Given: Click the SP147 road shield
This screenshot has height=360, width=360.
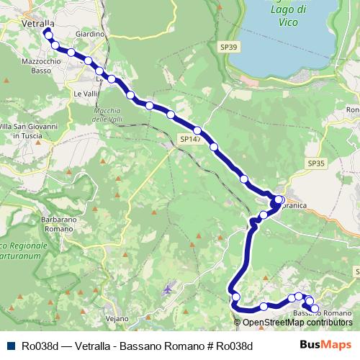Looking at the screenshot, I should pyautogui.click(x=190, y=139).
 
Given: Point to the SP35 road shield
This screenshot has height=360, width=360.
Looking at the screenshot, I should pyautogui.click(x=317, y=164).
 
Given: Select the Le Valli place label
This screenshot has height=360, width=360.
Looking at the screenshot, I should pyautogui.click(x=84, y=94).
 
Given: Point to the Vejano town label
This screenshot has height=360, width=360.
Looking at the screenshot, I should pyautogui.click(x=115, y=318).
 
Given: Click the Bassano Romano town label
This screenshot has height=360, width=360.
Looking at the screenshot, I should pyautogui.click(x=323, y=314).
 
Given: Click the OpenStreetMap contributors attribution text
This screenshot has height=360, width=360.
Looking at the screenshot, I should pyautogui.click(x=298, y=323).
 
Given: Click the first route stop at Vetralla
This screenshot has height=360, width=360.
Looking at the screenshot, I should pyautogui.click(x=48, y=32).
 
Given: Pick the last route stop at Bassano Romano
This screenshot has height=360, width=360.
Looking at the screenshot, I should pyautogui.click(x=314, y=309).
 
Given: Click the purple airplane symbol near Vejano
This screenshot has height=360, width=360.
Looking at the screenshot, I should pyautogui.click(x=168, y=289).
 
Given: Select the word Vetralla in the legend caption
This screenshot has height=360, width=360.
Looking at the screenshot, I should pyautogui.click(x=91, y=346).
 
